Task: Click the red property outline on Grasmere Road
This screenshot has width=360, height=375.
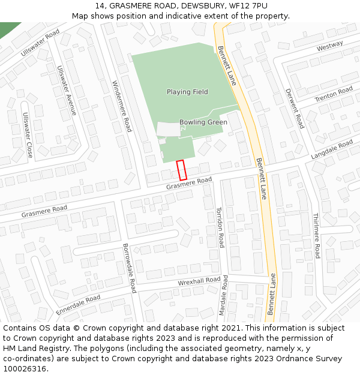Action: (x=181, y=170)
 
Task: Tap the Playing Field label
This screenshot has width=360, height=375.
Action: (x=187, y=92)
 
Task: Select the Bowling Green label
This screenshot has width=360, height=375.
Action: (x=203, y=122)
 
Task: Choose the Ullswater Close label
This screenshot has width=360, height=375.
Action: (x=28, y=135)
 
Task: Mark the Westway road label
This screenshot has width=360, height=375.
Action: (x=329, y=46)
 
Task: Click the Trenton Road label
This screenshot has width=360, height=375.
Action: (x=334, y=94)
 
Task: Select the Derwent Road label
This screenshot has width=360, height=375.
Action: (x=295, y=109)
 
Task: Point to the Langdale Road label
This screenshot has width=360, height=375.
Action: (x=332, y=149)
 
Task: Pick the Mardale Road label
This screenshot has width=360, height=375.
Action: (x=224, y=296)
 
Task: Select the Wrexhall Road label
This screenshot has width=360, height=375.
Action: (x=199, y=281)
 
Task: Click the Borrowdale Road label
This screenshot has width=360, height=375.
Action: (x=130, y=268)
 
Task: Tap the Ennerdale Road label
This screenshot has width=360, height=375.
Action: (x=78, y=305)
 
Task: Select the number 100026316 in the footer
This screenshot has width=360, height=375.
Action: (x=25, y=368)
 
